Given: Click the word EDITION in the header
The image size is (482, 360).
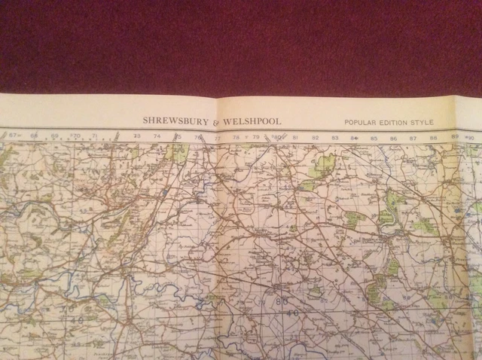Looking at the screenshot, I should coord(399,122).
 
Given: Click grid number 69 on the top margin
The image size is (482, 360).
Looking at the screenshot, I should coord(54,136).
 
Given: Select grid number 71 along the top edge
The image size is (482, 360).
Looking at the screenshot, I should coord(94,136).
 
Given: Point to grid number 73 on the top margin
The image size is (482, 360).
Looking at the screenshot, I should coord(136,137).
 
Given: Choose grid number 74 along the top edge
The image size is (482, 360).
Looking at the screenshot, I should coord(157,137).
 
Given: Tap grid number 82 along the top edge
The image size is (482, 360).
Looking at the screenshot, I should coord(315,138).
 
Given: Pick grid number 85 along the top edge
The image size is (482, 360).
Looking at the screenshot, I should coord(374,139).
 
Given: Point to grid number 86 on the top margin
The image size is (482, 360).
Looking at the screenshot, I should coord(393,139).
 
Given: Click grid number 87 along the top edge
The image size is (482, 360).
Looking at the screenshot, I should coord(413,139).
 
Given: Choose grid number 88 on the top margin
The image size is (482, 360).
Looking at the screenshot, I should coord(433,139).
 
